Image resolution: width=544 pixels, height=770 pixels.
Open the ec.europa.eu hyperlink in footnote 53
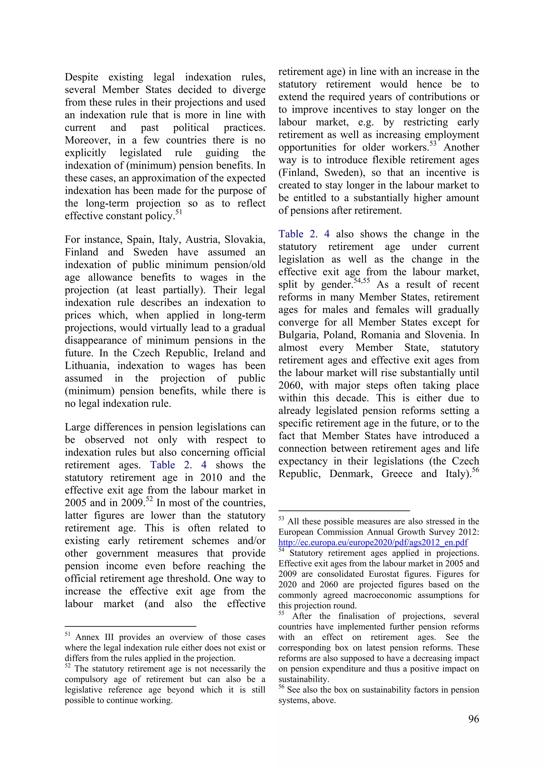(373, 542)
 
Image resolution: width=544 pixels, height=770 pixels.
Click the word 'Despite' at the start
(82, 77)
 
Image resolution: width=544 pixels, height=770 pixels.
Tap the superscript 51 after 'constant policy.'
(179, 212)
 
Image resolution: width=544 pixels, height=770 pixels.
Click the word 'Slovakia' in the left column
(245, 239)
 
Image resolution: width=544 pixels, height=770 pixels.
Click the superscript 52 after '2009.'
(149, 499)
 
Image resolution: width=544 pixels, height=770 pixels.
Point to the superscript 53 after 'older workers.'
(433, 144)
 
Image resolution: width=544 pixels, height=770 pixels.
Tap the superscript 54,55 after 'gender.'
(362, 280)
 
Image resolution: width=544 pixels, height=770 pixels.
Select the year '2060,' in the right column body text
(290, 386)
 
